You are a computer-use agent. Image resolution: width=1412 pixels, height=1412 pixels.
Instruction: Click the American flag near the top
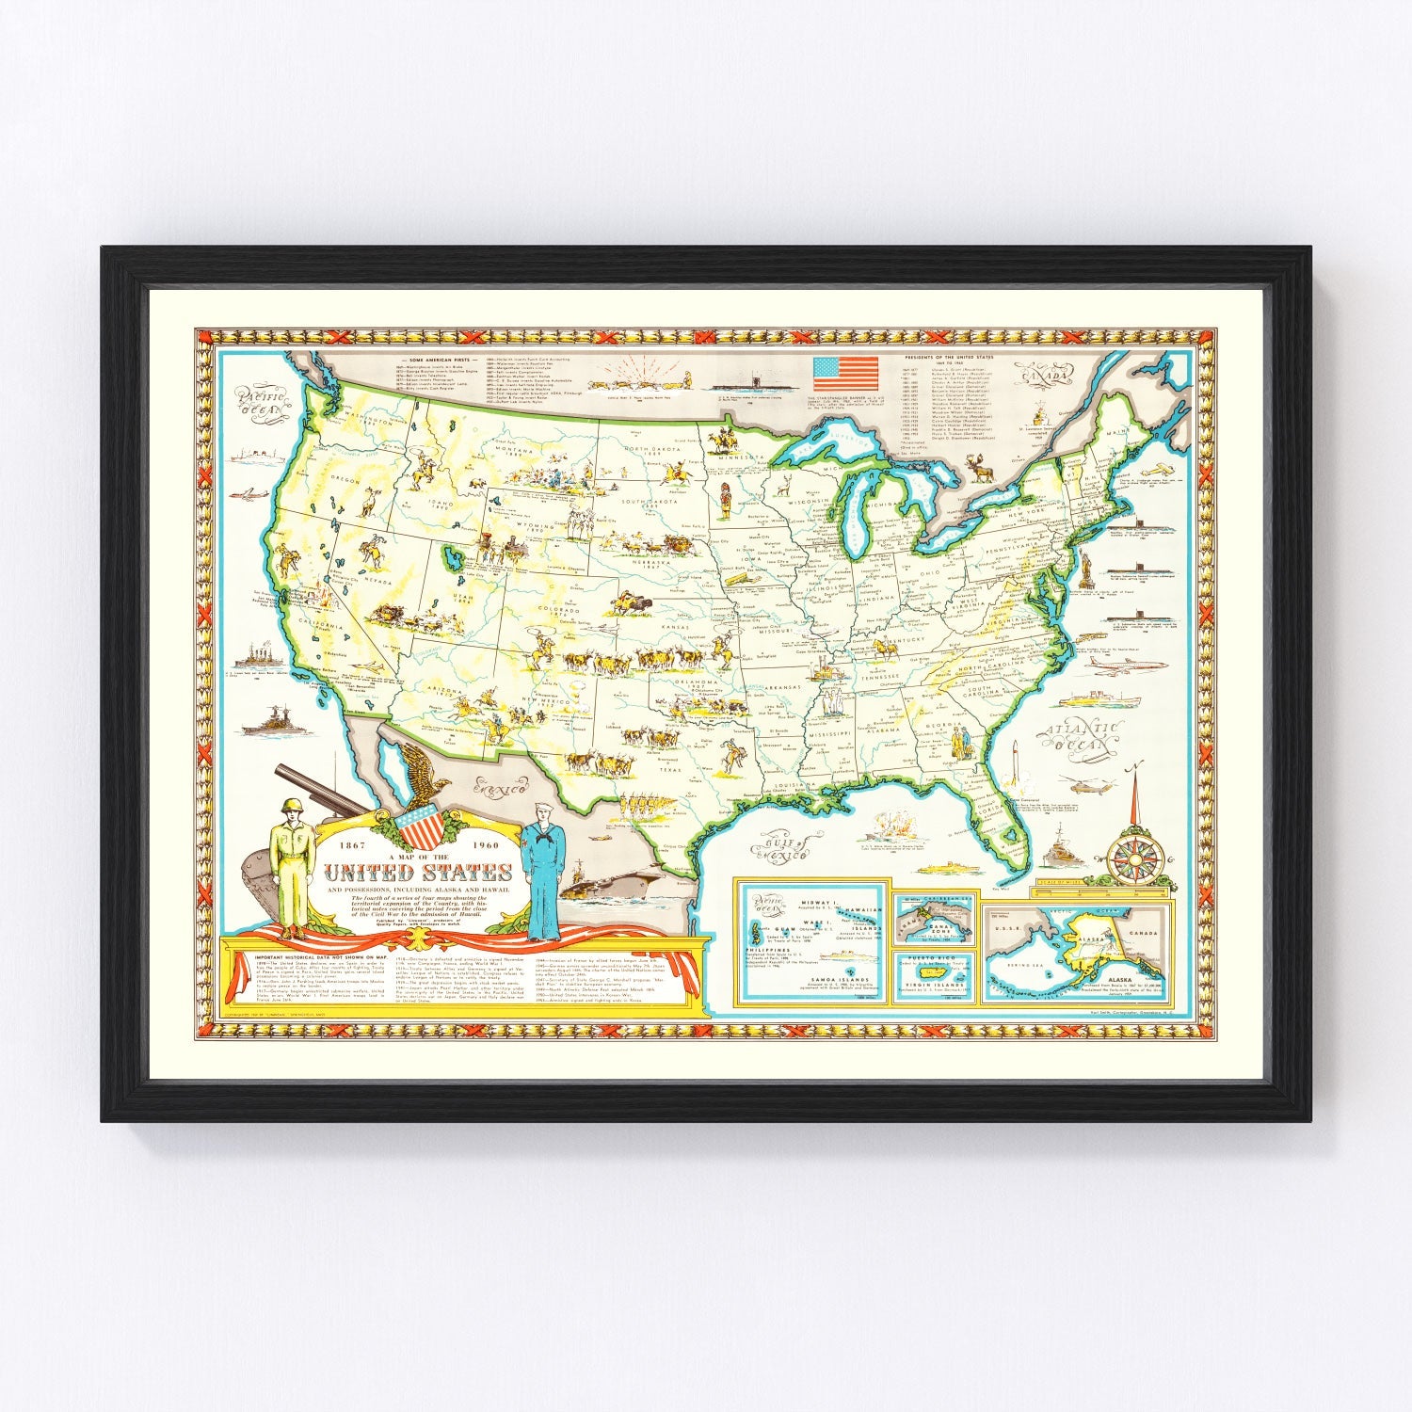(x=845, y=374)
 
